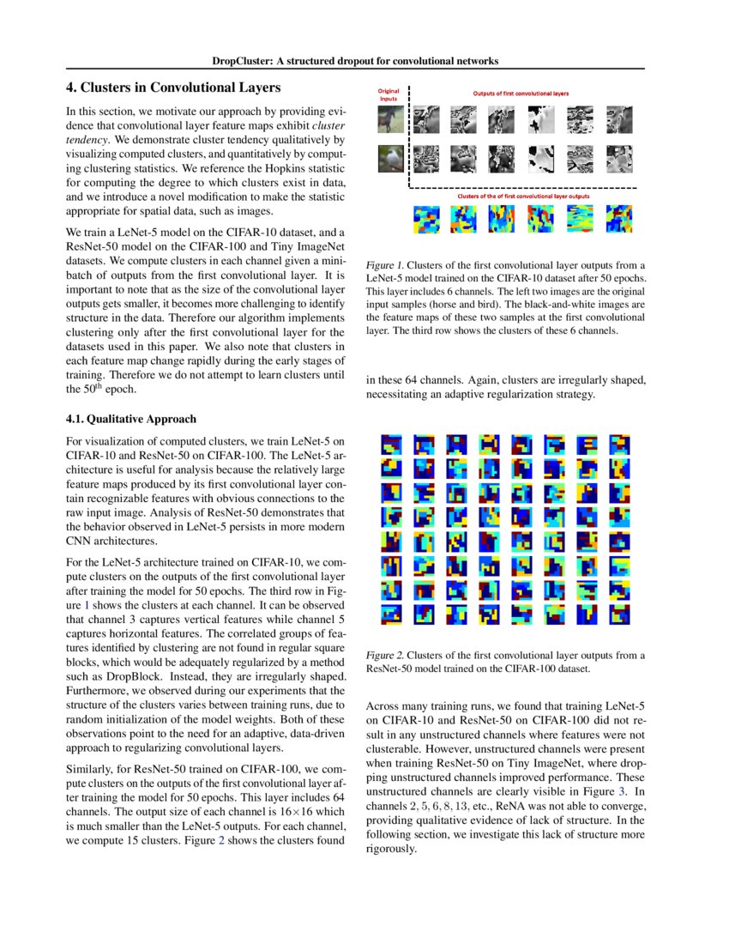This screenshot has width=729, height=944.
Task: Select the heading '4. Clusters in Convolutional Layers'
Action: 173,88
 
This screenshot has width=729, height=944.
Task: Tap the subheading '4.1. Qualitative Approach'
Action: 131,419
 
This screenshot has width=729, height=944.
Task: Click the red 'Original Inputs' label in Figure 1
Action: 389,94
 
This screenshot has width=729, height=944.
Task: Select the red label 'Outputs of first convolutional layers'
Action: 521,93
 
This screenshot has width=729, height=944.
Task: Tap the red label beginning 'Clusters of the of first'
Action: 523,197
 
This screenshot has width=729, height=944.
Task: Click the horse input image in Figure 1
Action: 390,119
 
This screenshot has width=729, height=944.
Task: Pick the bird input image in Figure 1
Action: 390,160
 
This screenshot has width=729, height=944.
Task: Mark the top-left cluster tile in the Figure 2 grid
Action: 392,445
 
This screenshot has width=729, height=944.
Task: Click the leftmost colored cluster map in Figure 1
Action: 426,220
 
